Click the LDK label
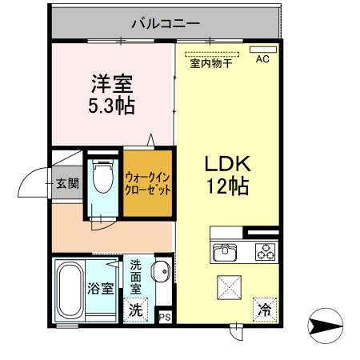coord(228,164)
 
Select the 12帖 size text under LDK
coord(228,187)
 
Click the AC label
coord(262,59)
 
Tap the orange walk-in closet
coord(147,182)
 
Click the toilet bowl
coord(102,178)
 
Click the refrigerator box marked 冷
coord(263,308)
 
